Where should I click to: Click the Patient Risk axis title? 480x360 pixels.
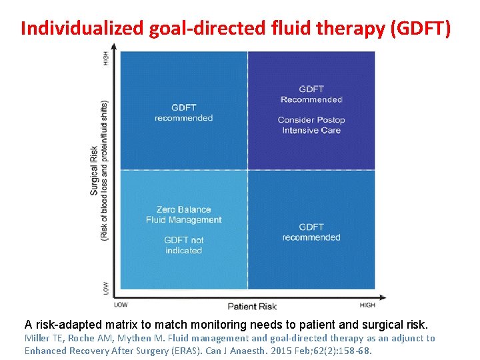[x=252, y=307]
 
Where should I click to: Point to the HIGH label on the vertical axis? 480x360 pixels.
[x=105, y=59]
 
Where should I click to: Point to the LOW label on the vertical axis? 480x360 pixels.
[x=105, y=288]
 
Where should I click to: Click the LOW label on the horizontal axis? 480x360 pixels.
[x=121, y=305]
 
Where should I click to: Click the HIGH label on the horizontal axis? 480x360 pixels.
[x=367, y=305]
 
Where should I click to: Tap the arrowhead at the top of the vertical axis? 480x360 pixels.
[x=114, y=47]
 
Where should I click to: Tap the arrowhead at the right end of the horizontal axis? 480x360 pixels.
[x=381, y=297]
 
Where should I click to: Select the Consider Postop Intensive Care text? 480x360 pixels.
[x=311, y=125]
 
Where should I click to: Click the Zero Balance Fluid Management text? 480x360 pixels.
[x=184, y=215]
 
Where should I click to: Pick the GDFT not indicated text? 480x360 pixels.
[x=184, y=245]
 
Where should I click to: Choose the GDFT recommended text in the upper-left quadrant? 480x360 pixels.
[x=183, y=113]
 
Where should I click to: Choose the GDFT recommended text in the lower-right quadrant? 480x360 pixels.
[x=311, y=232]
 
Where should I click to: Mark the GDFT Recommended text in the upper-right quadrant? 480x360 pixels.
[x=311, y=94]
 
